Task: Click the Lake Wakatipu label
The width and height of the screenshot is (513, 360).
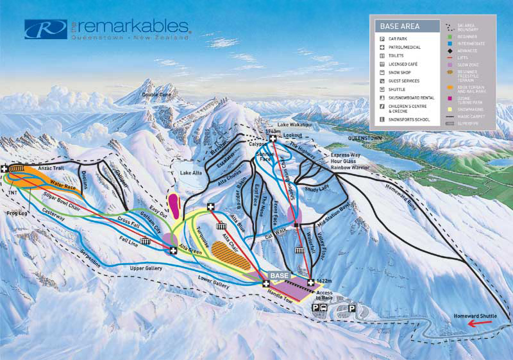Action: (x=292, y=125)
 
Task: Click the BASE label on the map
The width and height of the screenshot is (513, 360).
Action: (x=280, y=275)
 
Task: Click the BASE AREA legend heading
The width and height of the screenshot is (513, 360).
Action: (x=399, y=27)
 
